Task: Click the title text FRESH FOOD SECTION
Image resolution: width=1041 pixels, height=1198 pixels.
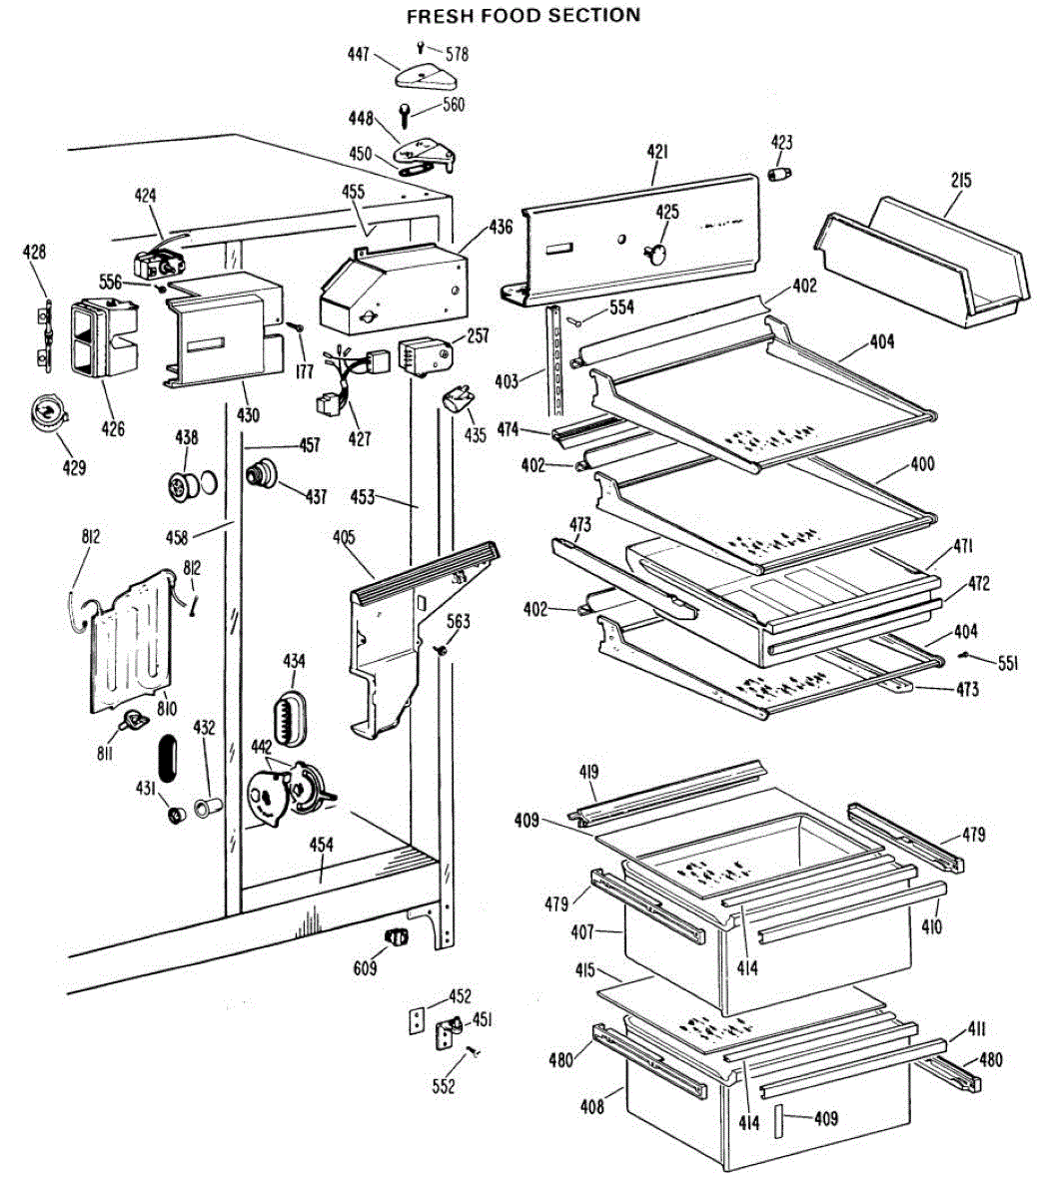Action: pos(522,15)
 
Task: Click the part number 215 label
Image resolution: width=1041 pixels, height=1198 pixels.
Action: pos(961,181)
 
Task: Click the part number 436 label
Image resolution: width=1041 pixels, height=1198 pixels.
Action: pos(500,228)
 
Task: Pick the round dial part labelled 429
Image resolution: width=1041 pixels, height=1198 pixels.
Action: pos(47,412)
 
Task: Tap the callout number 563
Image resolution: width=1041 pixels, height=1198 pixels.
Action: pos(458,622)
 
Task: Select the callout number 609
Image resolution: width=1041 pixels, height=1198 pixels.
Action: pos(367,967)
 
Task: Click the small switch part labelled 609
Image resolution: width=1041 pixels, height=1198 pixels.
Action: pos(397,936)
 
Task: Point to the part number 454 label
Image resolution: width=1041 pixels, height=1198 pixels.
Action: pos(321,846)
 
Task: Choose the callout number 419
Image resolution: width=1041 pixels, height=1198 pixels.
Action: pos(588,771)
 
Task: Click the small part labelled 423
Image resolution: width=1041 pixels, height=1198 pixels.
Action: pos(777,174)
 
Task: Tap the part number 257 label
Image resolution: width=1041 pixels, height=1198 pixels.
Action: pos(478,335)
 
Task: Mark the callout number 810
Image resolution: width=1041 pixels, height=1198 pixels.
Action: pos(165,709)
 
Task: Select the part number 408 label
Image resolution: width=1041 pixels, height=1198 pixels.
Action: pos(591,1106)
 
